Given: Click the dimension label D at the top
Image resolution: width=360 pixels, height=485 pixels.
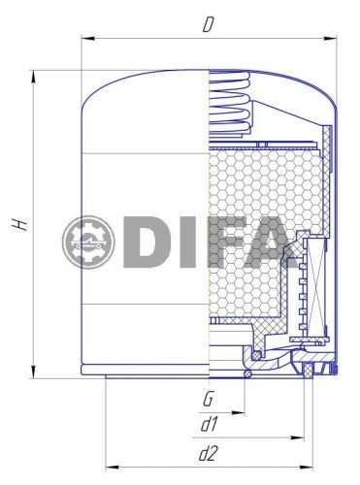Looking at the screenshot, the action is [x=209, y=25].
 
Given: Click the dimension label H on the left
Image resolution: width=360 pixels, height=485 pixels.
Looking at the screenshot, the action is [x=19, y=224].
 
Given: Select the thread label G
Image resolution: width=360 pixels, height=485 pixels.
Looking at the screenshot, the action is [x=208, y=399].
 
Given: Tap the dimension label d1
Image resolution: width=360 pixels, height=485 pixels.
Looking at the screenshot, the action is [x=209, y=425].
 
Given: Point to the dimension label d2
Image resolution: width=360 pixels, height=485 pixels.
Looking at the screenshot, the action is [x=208, y=454].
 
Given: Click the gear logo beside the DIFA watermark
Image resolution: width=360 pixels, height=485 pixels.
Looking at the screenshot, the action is [x=88, y=242].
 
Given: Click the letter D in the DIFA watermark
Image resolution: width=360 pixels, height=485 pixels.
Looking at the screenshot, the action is [x=145, y=242].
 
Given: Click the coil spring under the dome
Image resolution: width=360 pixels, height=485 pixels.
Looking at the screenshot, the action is [x=230, y=104].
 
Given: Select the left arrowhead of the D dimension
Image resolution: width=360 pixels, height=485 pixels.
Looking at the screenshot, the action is [x=87, y=39].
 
